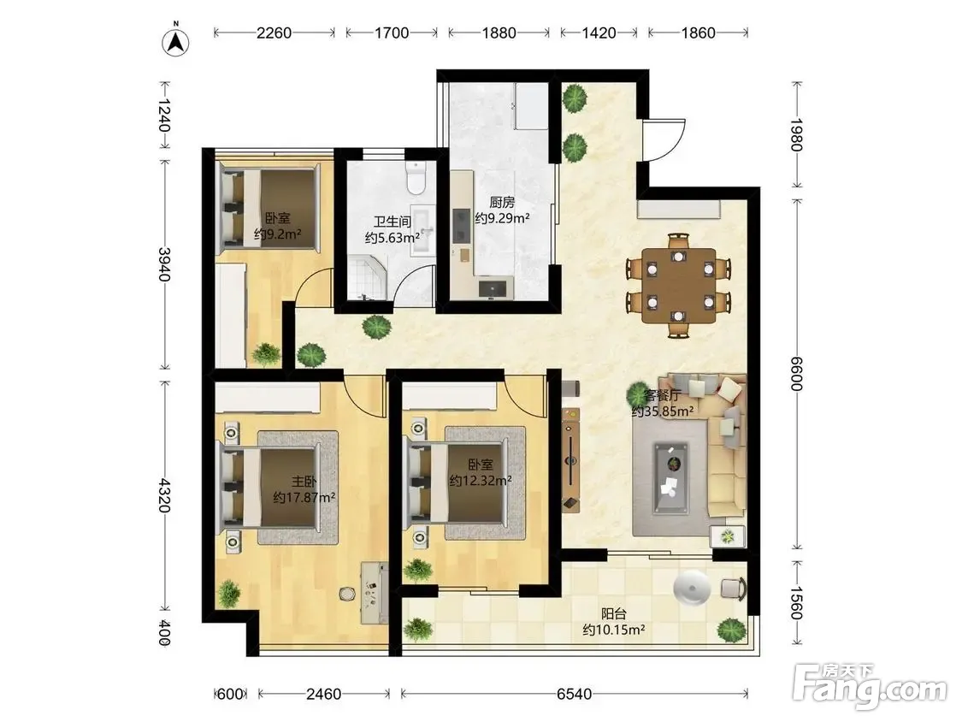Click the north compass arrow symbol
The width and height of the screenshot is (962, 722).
tap(175, 41)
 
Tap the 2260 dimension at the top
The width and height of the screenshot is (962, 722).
tap(274, 33)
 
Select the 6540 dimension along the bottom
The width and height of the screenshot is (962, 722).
tap(575, 694)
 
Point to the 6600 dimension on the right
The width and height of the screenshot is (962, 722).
tap(796, 373)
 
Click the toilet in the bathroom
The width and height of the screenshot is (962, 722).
tap(416, 177)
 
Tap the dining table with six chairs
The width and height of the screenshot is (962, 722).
tap(679, 285)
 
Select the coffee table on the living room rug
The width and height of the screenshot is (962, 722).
tap(670, 477)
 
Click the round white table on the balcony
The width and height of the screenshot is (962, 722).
tap(692, 589)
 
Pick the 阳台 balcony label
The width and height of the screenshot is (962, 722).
tap(613, 613)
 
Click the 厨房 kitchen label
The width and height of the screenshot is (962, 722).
tap(502, 202)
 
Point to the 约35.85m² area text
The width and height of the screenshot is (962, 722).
tap(663, 411)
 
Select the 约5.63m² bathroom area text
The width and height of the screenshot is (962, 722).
tap(392, 238)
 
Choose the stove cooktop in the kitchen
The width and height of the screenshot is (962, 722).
tap(461, 226)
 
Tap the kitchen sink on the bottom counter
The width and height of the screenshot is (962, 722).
tap(494, 287)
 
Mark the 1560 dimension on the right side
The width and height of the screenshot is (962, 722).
tap(796, 603)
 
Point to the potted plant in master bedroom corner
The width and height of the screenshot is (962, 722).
tap(228, 594)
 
